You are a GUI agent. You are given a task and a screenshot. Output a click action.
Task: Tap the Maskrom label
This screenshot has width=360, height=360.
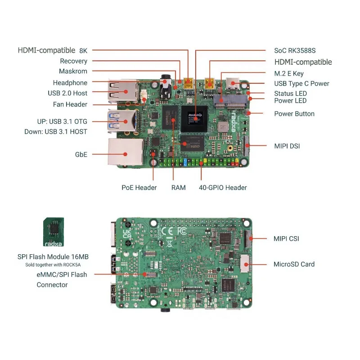(x=73, y=71)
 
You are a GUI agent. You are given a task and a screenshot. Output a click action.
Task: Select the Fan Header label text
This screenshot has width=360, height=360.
(x=70, y=104)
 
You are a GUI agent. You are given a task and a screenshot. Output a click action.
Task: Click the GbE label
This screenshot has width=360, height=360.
(x=81, y=154)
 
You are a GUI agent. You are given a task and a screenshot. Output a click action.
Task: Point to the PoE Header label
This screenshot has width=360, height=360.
(x=139, y=188)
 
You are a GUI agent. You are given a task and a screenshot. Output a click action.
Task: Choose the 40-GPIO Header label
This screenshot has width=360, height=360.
(x=223, y=188)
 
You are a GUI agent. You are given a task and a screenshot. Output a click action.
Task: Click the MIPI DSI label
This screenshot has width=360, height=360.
(x=287, y=146)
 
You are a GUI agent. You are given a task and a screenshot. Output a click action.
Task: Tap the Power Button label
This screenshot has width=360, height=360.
(x=294, y=114)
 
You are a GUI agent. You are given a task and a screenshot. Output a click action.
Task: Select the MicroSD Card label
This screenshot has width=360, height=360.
(x=294, y=264)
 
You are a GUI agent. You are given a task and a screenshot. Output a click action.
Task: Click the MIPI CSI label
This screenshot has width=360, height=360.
(x=286, y=238)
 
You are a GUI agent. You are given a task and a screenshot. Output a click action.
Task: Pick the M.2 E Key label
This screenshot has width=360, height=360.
(x=289, y=73)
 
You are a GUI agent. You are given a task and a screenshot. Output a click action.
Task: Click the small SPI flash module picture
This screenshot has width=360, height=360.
(x=53, y=232)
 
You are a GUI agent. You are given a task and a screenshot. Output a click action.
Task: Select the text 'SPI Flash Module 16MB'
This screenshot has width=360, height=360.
(x=53, y=256)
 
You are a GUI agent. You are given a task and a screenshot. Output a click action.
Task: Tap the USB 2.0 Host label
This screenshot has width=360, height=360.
(x=67, y=93)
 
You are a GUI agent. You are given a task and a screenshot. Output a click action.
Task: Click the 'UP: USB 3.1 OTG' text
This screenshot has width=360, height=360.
(x=62, y=121)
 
